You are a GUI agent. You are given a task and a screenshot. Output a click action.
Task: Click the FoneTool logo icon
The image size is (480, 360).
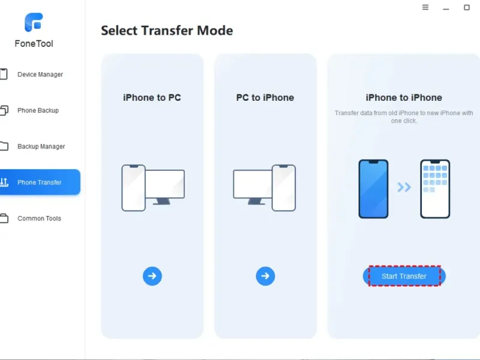[x=34, y=22]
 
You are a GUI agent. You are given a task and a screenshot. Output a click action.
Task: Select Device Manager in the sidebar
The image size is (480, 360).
[x=40, y=74]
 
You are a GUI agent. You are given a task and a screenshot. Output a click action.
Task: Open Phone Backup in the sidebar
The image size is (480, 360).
[x=38, y=110]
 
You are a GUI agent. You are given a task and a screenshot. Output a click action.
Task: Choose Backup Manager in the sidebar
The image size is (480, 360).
[x=41, y=146]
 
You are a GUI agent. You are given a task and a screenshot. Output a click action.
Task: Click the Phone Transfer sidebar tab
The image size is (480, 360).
[x=40, y=182]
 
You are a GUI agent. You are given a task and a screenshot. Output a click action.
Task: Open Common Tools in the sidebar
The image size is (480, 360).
[x=39, y=218]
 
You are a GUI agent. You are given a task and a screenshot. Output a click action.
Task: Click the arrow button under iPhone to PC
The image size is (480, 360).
[x=152, y=276]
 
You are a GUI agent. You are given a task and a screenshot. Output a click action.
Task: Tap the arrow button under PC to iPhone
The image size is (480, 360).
[x=265, y=276]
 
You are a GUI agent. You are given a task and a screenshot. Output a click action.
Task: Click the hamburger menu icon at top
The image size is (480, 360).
[x=425, y=7]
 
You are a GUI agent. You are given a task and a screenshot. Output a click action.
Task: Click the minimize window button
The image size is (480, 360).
[x=446, y=9]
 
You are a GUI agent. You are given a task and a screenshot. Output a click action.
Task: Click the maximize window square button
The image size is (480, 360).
[x=467, y=7]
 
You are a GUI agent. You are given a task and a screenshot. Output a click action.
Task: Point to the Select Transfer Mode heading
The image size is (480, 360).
[x=167, y=31]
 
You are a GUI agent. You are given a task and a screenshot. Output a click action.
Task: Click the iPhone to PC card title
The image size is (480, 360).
[x=152, y=98]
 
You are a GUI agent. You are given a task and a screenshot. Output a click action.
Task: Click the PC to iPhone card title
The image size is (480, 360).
[x=265, y=98]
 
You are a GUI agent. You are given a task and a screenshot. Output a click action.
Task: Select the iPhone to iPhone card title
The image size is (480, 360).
[x=404, y=98]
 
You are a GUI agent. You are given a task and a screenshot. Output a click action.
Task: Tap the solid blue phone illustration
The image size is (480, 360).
[x=373, y=189]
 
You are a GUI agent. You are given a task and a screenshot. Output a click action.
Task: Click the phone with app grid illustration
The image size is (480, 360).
[x=435, y=189]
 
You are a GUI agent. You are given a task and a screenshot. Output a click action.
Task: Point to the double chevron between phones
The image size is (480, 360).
[x=404, y=187]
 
